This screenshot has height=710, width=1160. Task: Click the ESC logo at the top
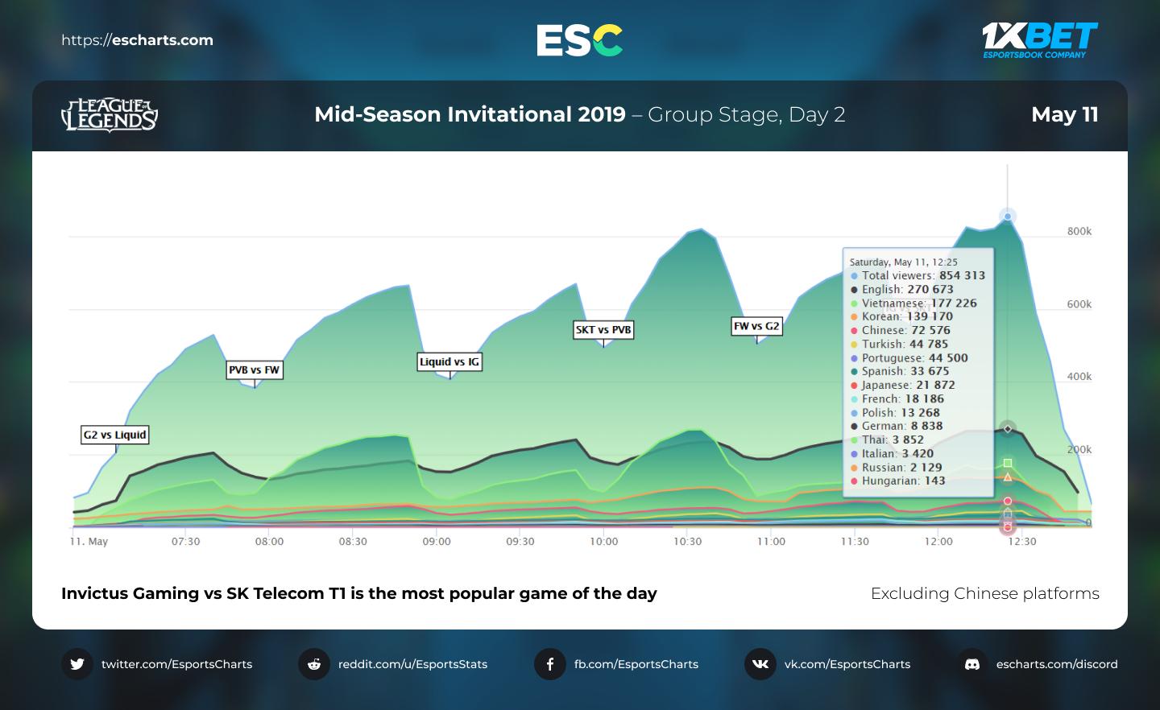click(x=579, y=40)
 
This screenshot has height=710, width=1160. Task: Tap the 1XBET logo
click(x=1039, y=39)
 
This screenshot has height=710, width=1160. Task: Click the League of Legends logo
click(x=110, y=115)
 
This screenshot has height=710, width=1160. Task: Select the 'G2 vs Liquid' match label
click(x=115, y=435)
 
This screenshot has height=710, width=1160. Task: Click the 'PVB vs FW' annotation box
click(x=254, y=370)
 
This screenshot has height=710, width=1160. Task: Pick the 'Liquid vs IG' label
click(x=449, y=362)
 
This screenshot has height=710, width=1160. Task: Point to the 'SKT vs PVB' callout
click(x=603, y=329)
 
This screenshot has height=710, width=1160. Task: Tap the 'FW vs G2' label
click(x=756, y=326)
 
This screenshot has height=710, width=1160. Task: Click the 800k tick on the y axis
click(x=1079, y=231)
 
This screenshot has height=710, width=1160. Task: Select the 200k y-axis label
click(x=1079, y=449)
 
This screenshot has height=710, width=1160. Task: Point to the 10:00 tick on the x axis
click(x=603, y=542)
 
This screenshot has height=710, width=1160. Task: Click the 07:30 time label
click(x=185, y=542)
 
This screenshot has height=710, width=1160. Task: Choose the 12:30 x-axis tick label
click(x=1021, y=542)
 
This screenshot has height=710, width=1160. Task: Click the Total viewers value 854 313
click(x=962, y=275)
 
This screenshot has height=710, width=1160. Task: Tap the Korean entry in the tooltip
click(x=906, y=316)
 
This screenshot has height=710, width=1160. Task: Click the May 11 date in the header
click(x=1064, y=114)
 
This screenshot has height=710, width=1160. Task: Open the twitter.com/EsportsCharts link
click(x=176, y=664)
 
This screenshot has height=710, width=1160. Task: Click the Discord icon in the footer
click(x=972, y=664)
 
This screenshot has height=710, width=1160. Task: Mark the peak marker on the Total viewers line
click(x=1008, y=216)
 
